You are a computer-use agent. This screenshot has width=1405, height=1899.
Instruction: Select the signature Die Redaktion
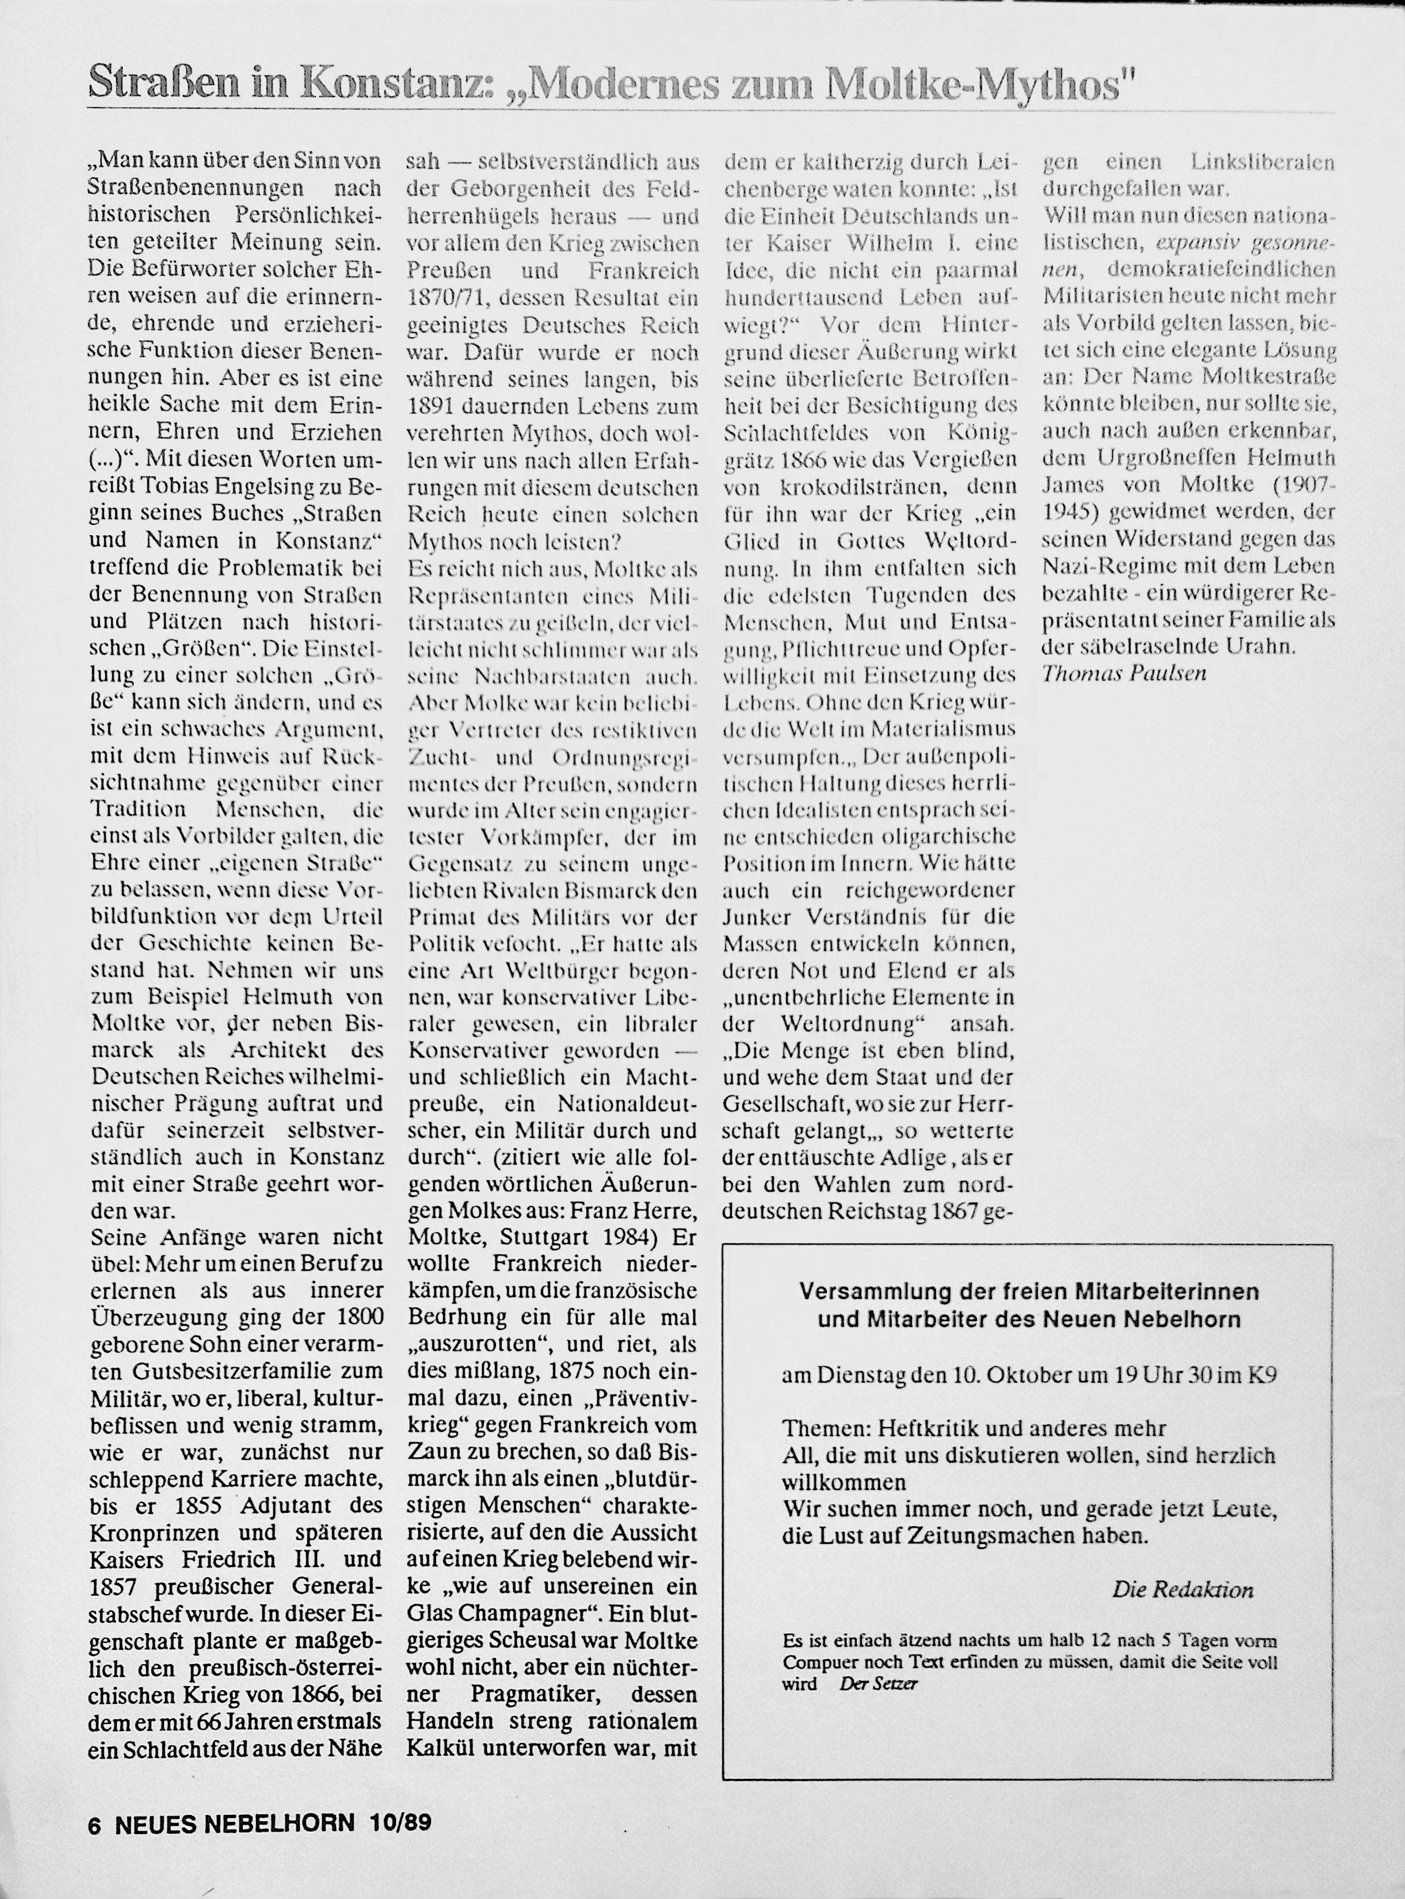[1182, 1589]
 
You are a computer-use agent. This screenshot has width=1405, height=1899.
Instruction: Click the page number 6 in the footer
[94, 1822]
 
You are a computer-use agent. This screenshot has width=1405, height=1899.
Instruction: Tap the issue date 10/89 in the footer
[400, 1822]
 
